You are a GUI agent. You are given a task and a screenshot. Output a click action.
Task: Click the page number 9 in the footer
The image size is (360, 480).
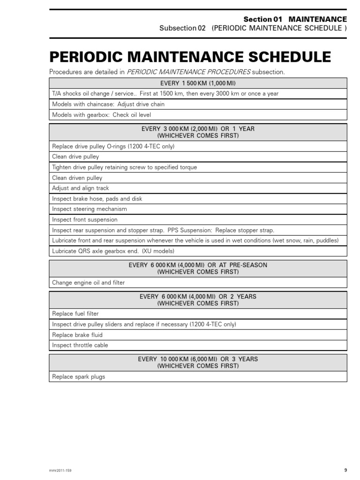(345, 470)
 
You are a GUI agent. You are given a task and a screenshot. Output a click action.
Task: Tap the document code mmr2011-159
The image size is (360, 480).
(61, 470)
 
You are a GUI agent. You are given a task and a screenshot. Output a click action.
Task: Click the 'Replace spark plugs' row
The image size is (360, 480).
(79, 376)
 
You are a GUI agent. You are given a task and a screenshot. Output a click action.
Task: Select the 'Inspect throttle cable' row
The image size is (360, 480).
(80, 345)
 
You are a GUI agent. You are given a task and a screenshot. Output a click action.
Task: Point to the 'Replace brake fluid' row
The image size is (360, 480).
(77, 335)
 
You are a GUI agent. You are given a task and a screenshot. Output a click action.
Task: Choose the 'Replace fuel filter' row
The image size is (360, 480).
(75, 314)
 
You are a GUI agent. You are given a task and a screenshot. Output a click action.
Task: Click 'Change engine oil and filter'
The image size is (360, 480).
(89, 283)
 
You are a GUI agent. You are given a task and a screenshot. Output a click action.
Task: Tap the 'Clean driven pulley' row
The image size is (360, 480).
(77, 178)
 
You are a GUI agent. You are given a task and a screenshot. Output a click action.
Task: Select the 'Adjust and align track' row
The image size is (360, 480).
(81, 188)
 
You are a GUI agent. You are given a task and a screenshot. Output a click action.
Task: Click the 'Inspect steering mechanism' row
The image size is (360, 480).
(90, 209)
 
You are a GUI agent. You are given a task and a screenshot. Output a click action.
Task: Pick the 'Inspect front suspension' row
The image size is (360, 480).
(85, 219)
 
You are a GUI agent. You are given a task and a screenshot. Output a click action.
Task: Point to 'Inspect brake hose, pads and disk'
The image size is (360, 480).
(97, 199)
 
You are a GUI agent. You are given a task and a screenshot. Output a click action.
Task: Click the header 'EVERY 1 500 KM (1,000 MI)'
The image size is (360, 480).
(198, 83)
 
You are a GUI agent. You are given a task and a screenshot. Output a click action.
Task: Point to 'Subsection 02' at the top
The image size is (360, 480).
(183, 28)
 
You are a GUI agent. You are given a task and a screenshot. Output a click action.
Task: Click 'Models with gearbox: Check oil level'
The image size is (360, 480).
(102, 115)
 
